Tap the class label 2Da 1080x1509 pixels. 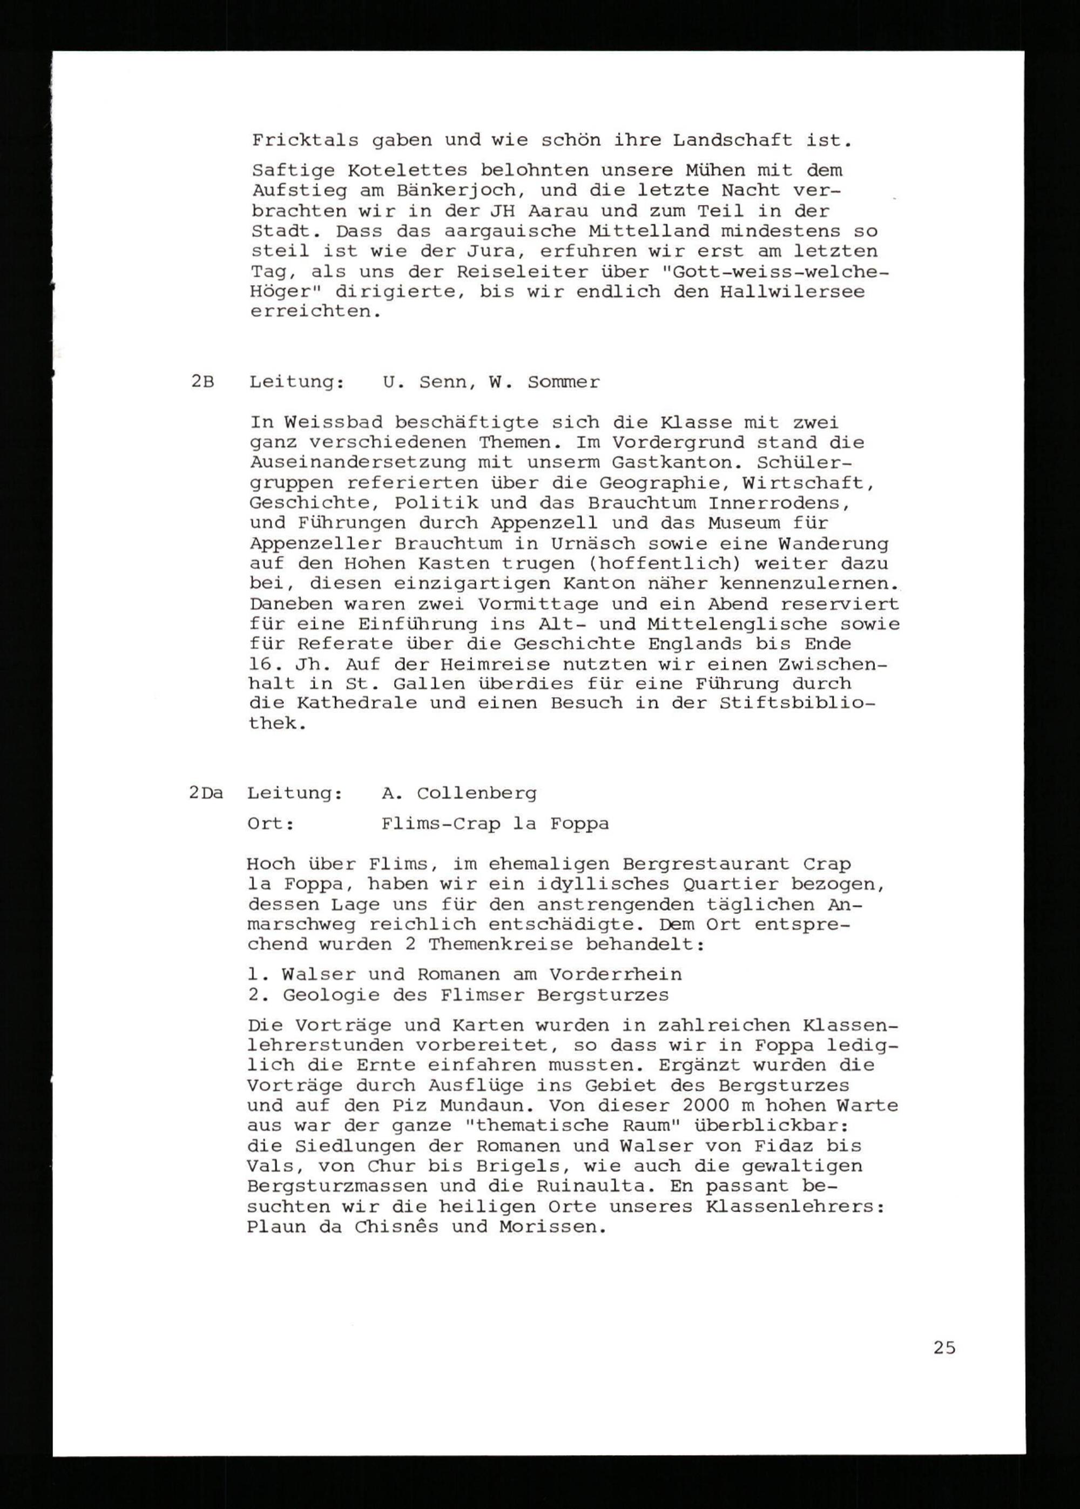(206, 793)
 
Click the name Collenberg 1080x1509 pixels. (476, 793)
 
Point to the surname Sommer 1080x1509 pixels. (563, 382)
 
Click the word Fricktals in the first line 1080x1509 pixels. (305, 140)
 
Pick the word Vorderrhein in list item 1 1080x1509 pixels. (615, 975)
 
